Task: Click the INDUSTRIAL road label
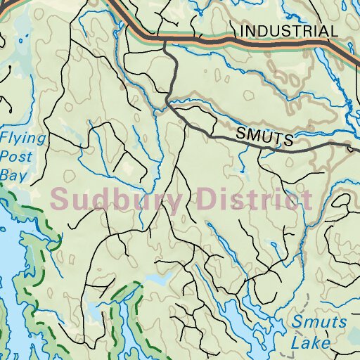point(288,31)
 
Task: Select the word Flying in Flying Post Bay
point(22,137)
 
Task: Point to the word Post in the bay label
point(17,155)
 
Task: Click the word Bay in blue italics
point(13,174)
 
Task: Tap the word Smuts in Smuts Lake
point(320,323)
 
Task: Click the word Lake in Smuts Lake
point(311,343)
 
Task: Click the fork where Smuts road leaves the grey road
point(169,105)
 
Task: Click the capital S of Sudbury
point(60,199)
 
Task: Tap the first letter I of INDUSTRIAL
point(243,31)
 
